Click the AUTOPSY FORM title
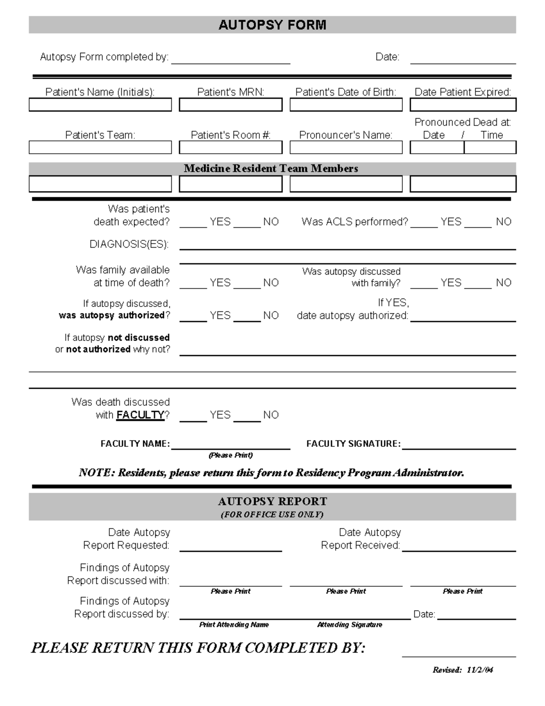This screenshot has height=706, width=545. pyautogui.click(x=272, y=25)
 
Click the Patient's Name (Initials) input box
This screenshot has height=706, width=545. pyautogui.click(x=100, y=105)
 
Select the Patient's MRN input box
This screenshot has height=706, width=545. pyautogui.click(x=230, y=105)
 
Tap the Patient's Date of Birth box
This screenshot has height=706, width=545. pyautogui.click(x=346, y=105)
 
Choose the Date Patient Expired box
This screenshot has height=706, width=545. pyautogui.click(x=463, y=105)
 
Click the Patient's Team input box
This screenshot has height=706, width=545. pyautogui.click(x=100, y=148)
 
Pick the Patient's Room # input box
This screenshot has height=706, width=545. pyautogui.click(x=230, y=148)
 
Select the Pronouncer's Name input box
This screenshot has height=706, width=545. pyautogui.click(x=346, y=148)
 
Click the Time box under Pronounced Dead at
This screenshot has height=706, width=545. pyautogui.click(x=490, y=148)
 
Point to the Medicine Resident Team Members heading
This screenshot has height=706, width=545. pyautogui.click(x=271, y=169)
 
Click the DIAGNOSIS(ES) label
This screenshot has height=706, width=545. pyautogui.click(x=129, y=245)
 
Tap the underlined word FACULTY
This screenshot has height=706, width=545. pyautogui.click(x=140, y=415)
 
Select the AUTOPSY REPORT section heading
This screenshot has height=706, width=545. pyautogui.click(x=272, y=501)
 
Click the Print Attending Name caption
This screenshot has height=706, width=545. pyautogui.click(x=234, y=625)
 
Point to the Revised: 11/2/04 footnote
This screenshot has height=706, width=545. pyautogui.click(x=463, y=670)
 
